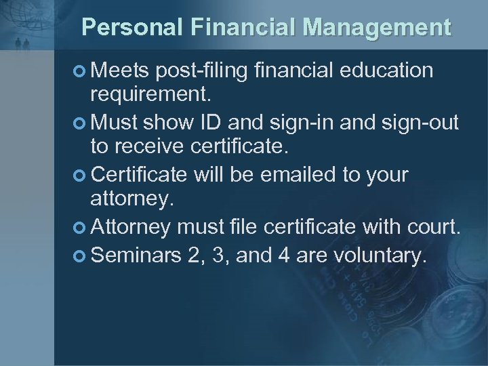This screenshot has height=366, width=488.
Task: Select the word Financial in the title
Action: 246,27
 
